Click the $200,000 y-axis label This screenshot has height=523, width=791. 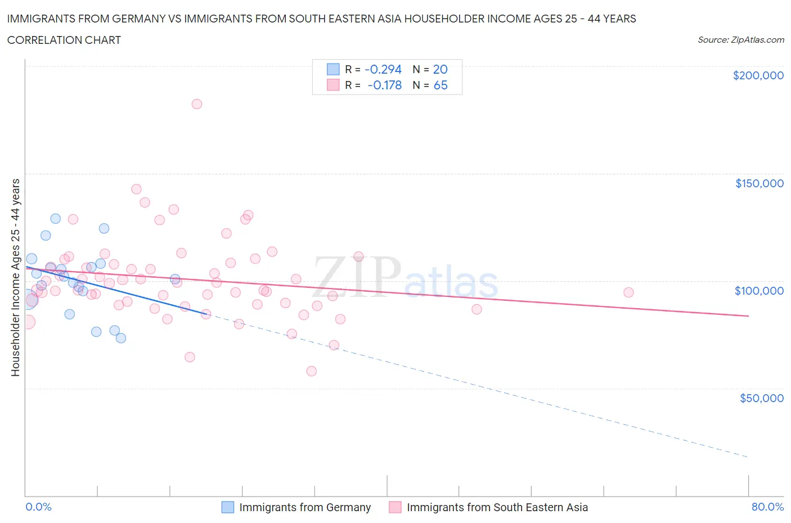point(758,75)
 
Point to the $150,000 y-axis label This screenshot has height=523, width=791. point(759,183)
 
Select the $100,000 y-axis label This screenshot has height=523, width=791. point(759,291)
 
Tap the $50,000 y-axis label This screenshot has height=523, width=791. point(761,398)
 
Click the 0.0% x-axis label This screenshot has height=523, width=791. point(38,507)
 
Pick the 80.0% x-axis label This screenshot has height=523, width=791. point(767,507)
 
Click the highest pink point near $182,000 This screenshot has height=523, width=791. point(197,104)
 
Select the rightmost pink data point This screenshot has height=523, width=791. point(628,292)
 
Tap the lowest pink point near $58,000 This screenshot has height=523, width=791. point(311,371)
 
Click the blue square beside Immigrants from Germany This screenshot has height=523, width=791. point(227,507)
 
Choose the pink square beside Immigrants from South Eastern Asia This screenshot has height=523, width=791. point(395,507)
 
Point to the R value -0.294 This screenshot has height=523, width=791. point(383,69)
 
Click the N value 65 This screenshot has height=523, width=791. point(441,85)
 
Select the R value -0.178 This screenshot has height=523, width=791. point(384,85)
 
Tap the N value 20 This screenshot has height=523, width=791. point(440,69)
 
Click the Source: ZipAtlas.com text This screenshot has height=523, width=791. point(740,40)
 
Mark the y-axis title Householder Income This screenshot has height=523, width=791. point(16,277)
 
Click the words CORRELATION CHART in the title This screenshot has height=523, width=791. point(64,40)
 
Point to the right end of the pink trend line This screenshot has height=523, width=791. point(748,316)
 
